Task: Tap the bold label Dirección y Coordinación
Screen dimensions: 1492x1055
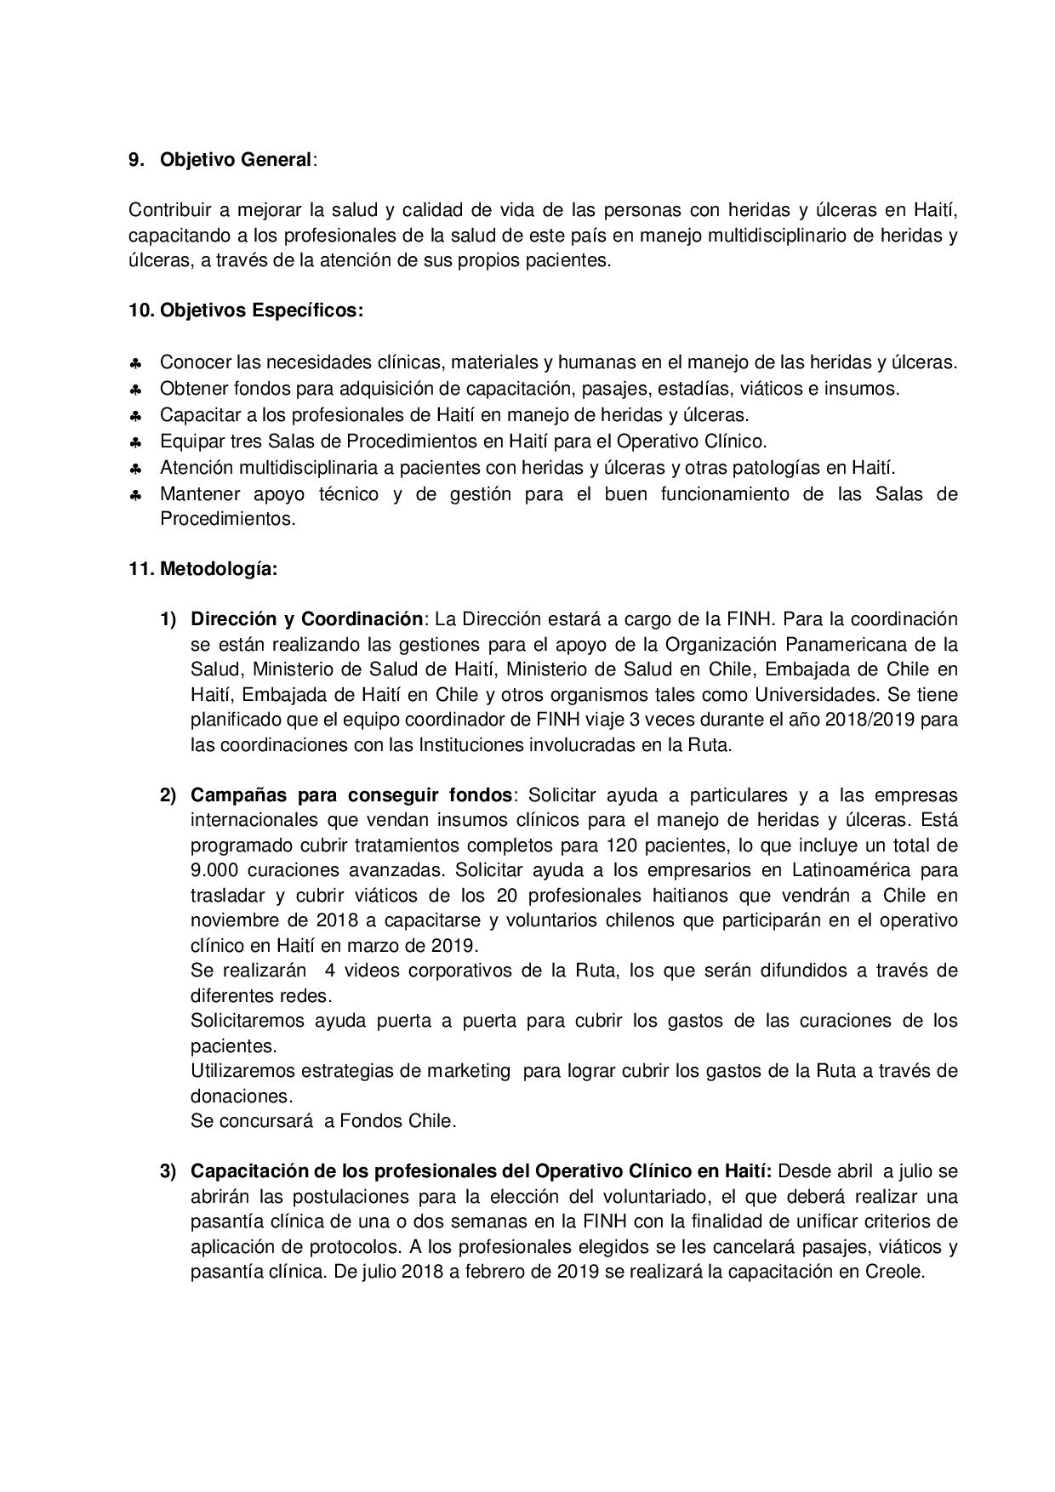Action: tap(306, 618)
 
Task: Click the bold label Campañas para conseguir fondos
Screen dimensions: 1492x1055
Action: tap(351, 795)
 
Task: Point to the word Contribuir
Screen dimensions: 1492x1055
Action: tap(168, 209)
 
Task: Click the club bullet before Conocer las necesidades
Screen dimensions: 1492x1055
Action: tap(136, 364)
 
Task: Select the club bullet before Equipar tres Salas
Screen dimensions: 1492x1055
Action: tap(136, 443)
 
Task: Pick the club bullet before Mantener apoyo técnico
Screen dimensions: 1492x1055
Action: tap(136, 496)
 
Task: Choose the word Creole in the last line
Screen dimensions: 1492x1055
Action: tap(892, 1273)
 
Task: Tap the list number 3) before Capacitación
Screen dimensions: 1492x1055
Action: tap(168, 1171)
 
